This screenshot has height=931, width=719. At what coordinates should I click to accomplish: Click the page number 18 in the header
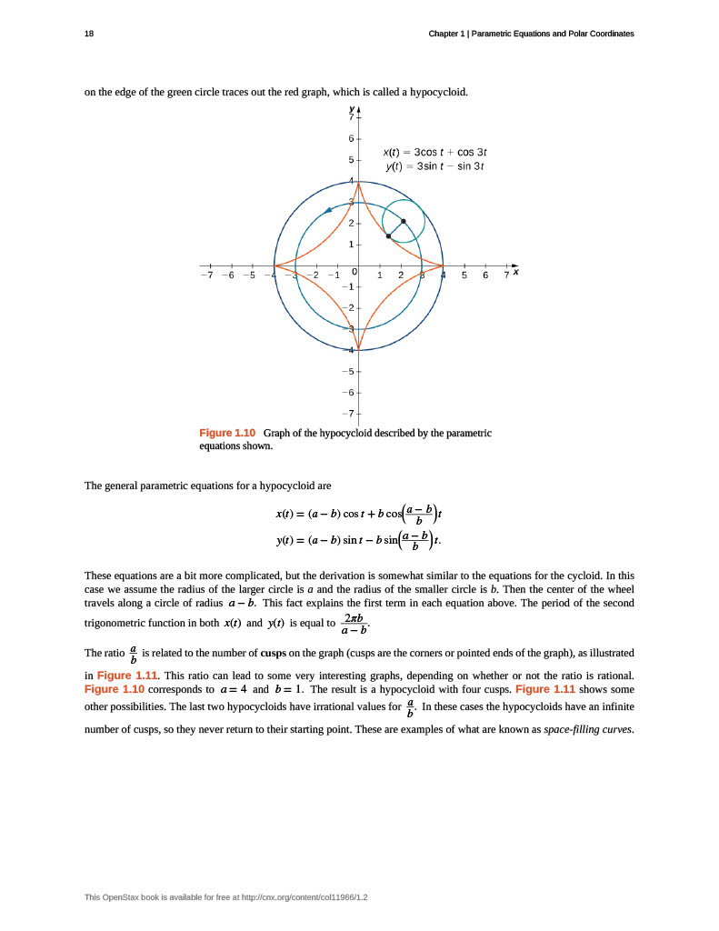pyautogui.click(x=89, y=34)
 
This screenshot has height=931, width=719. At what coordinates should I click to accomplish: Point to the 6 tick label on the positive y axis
pyautogui.click(x=351, y=138)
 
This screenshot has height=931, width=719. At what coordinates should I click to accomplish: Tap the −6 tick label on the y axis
pyautogui.click(x=349, y=392)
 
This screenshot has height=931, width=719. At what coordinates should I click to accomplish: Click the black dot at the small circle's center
pyautogui.click(x=404, y=221)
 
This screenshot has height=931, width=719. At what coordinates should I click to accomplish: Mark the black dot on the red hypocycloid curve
pyautogui.click(x=388, y=236)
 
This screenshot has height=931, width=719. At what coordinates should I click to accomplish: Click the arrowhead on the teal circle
pyautogui.click(x=327, y=211)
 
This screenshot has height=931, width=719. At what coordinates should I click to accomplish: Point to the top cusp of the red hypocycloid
pyautogui.click(x=358, y=182)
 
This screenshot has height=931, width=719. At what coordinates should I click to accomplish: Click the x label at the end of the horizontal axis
pyautogui.click(x=515, y=271)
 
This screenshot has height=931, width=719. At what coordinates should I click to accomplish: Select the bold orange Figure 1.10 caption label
pyautogui.click(x=227, y=433)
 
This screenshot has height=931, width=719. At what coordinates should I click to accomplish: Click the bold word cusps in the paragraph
pyautogui.click(x=275, y=652)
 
